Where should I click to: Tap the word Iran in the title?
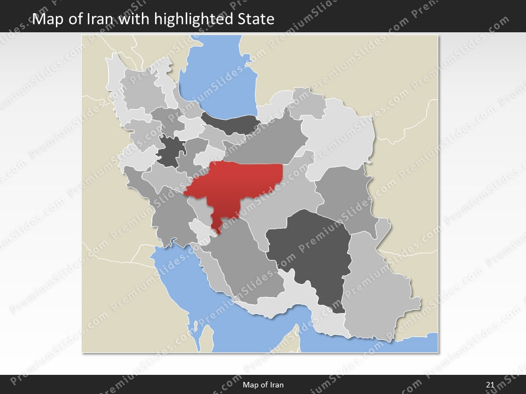pyautogui.click(x=99, y=20)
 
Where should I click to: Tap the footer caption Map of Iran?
pyautogui.click(x=263, y=385)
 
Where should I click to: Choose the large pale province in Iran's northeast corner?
pyautogui.click(x=342, y=137)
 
